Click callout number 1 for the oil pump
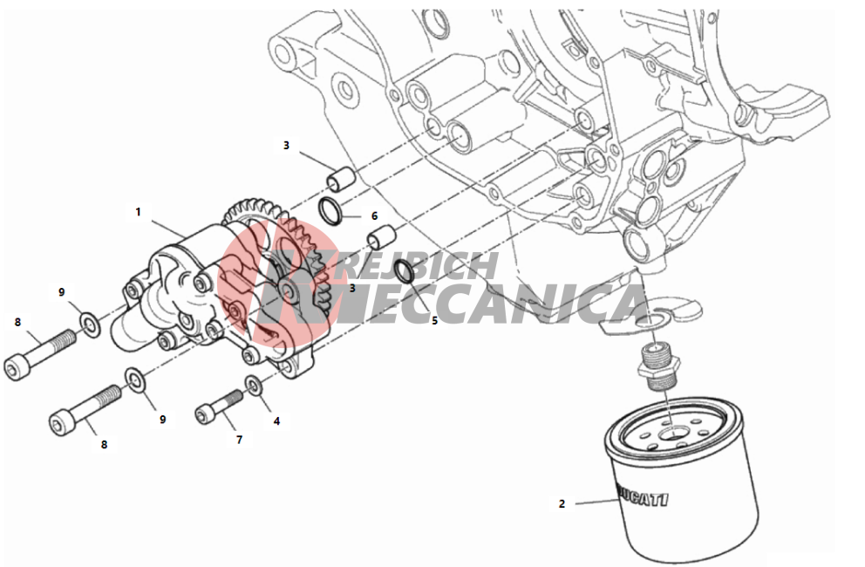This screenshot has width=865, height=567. click(138, 212)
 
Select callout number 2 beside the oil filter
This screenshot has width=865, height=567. click(562, 503)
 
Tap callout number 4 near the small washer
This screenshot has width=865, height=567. click(276, 420)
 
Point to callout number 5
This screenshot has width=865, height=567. click(434, 320)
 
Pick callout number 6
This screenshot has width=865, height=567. click(374, 215)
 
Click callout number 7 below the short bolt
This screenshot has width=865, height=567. click(239, 440)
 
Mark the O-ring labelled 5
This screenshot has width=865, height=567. click(403, 272)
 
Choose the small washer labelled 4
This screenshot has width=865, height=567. click(253, 385)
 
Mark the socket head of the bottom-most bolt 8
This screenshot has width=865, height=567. click(60, 425)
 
